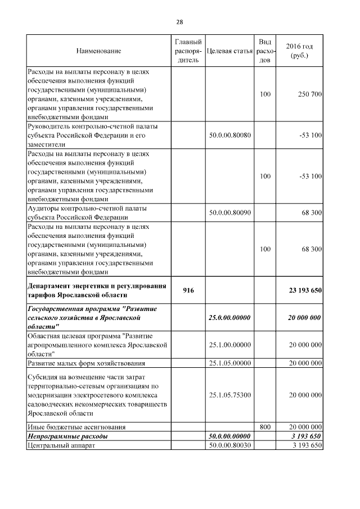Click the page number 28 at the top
[179, 22]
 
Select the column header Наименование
[99, 51]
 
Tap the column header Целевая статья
[229, 51]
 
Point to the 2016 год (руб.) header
[299, 51]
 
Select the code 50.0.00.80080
[229, 136]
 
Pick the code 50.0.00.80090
[229, 213]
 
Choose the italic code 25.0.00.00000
[229, 318]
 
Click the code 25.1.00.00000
[229, 345]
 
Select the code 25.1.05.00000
[229, 363]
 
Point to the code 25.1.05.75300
[229, 395]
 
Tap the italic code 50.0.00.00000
[229, 436]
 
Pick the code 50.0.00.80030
[229, 445]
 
